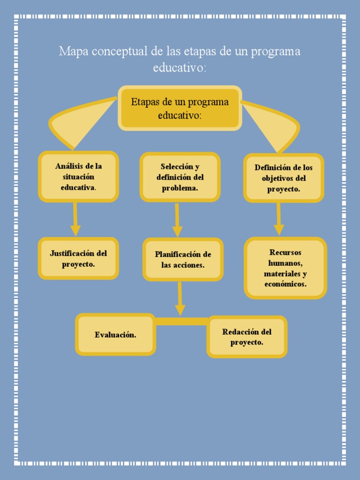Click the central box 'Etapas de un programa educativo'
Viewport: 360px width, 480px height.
click(x=180, y=108)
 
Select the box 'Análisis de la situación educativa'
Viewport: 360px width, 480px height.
click(x=78, y=177)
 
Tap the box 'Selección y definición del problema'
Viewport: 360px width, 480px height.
click(x=180, y=177)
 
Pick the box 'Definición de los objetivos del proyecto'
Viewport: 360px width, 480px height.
click(x=284, y=178)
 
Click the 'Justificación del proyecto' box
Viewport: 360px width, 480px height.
click(x=78, y=258)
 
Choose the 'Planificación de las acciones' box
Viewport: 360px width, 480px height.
click(x=183, y=259)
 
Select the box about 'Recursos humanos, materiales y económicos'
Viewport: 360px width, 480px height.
click(x=285, y=268)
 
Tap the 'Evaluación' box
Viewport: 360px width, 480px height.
click(x=115, y=335)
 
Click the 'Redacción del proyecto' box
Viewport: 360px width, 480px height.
click(x=247, y=337)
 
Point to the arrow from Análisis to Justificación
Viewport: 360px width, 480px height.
click(x=75, y=219)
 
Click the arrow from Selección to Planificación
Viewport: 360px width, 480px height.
click(x=177, y=220)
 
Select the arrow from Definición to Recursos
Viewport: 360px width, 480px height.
click(x=279, y=219)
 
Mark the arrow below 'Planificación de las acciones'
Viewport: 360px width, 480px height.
click(x=180, y=299)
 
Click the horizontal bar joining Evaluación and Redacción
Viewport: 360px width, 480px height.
click(x=181, y=321)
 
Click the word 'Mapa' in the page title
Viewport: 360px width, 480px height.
click(x=73, y=51)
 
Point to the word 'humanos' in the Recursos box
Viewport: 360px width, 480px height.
click(x=285, y=263)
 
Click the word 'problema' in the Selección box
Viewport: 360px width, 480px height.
click(x=180, y=188)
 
